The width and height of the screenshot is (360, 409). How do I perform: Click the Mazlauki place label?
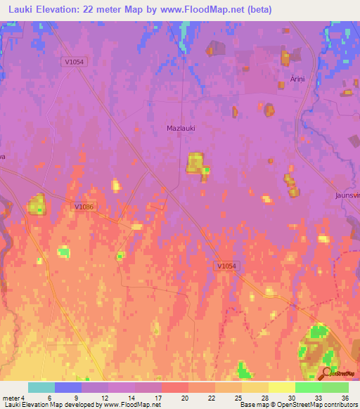tap(181, 128)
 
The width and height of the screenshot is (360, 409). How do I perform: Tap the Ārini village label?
tap(297, 79)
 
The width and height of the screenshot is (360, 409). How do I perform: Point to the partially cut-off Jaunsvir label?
tap(347, 195)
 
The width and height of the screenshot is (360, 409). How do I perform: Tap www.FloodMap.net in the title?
tap(192, 8)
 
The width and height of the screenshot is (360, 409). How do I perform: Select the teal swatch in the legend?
tap(41, 387)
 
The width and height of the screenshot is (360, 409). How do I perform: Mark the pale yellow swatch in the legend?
tap(281, 387)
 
